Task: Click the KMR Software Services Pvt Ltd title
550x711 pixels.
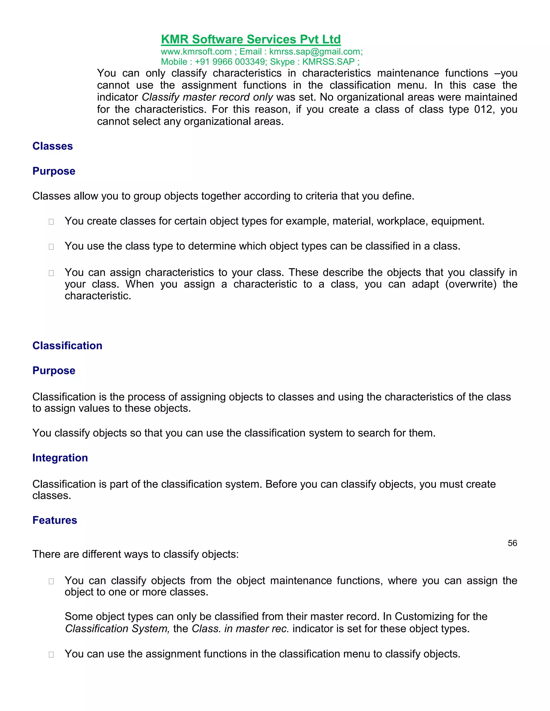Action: [x=251, y=39]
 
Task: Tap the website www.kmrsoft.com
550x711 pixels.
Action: [x=196, y=52]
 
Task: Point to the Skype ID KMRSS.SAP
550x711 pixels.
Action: [x=328, y=62]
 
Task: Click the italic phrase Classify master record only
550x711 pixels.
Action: [x=207, y=97]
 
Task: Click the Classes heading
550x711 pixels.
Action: [x=52, y=146]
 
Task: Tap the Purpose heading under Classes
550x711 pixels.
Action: [x=54, y=171]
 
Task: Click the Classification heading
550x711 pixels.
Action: [x=67, y=346]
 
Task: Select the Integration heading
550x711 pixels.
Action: [x=60, y=458]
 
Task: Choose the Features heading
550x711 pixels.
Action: [x=55, y=520]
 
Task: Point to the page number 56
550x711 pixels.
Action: [x=512, y=543]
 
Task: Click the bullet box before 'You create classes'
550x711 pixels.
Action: [x=51, y=222]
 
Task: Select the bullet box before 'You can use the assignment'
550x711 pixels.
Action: [x=51, y=655]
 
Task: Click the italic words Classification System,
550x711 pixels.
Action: [x=117, y=629]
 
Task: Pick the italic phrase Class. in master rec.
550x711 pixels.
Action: [x=240, y=629]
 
